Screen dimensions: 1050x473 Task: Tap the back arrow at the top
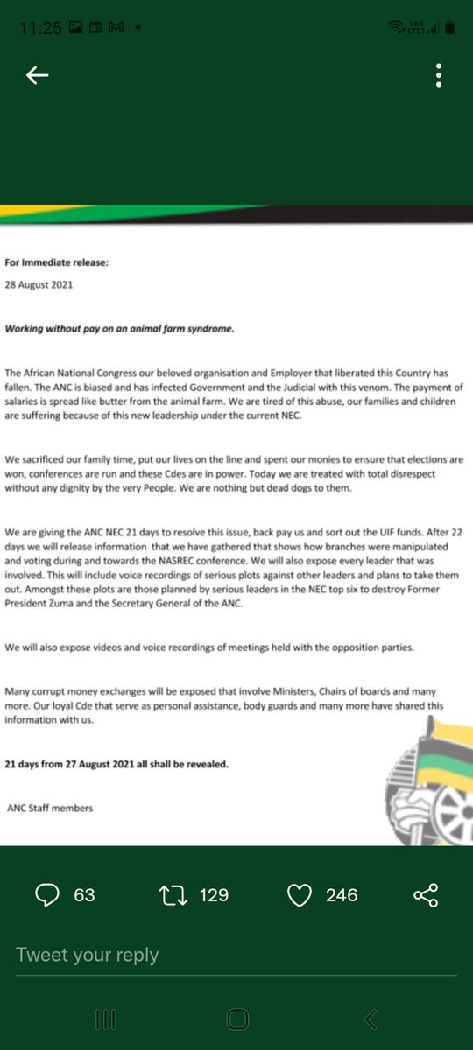37,76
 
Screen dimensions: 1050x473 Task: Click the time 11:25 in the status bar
40,28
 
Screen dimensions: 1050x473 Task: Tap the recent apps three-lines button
105,1018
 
